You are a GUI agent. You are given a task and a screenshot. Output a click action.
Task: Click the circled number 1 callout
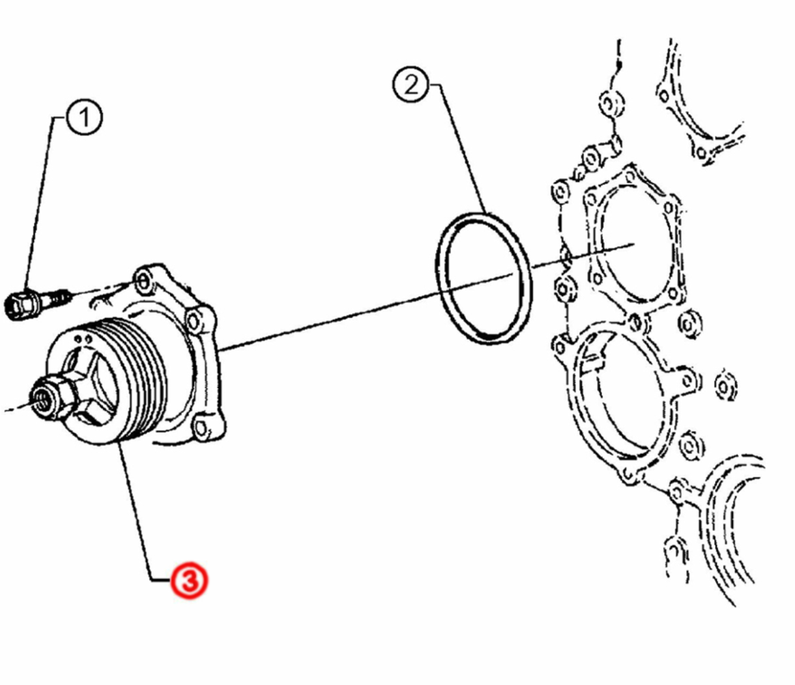(84, 117)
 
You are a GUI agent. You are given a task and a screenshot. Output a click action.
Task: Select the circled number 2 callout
(411, 84)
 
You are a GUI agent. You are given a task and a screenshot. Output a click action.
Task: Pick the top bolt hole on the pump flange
(143, 280)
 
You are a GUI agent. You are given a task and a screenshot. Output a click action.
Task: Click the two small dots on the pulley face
(83, 338)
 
